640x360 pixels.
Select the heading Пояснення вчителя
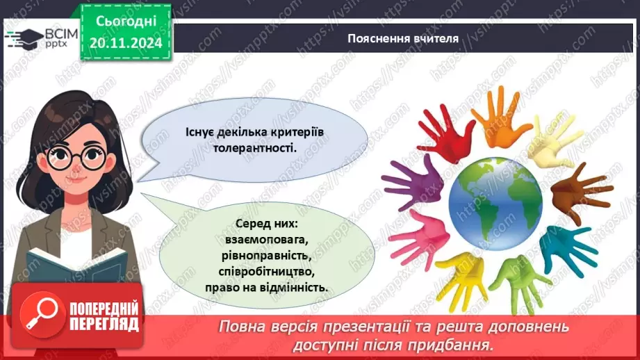403,38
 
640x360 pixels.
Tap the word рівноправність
268,255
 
